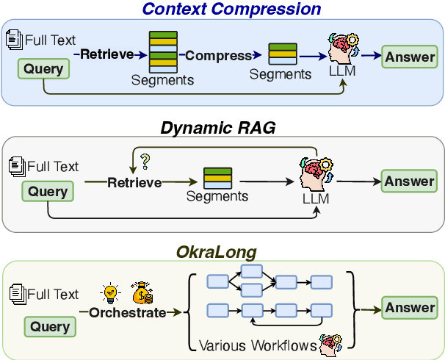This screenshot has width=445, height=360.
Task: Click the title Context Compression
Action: pyautogui.click(x=231, y=10)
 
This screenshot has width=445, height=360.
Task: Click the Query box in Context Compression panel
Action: pyautogui.click(x=44, y=70)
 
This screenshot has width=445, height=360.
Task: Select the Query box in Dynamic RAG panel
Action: pyautogui.click(x=48, y=192)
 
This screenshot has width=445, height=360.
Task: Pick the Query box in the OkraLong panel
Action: pyautogui.click(x=49, y=326)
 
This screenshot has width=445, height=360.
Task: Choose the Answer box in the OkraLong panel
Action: pyautogui.click(x=409, y=308)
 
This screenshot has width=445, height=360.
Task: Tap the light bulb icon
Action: pyautogui.click(x=111, y=292)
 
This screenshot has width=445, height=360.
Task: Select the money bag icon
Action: pyautogui.click(x=142, y=292)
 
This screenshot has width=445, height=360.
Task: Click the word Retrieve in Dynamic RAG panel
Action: pyautogui.click(x=134, y=181)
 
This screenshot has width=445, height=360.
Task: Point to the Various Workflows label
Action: pyautogui.click(x=255, y=344)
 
